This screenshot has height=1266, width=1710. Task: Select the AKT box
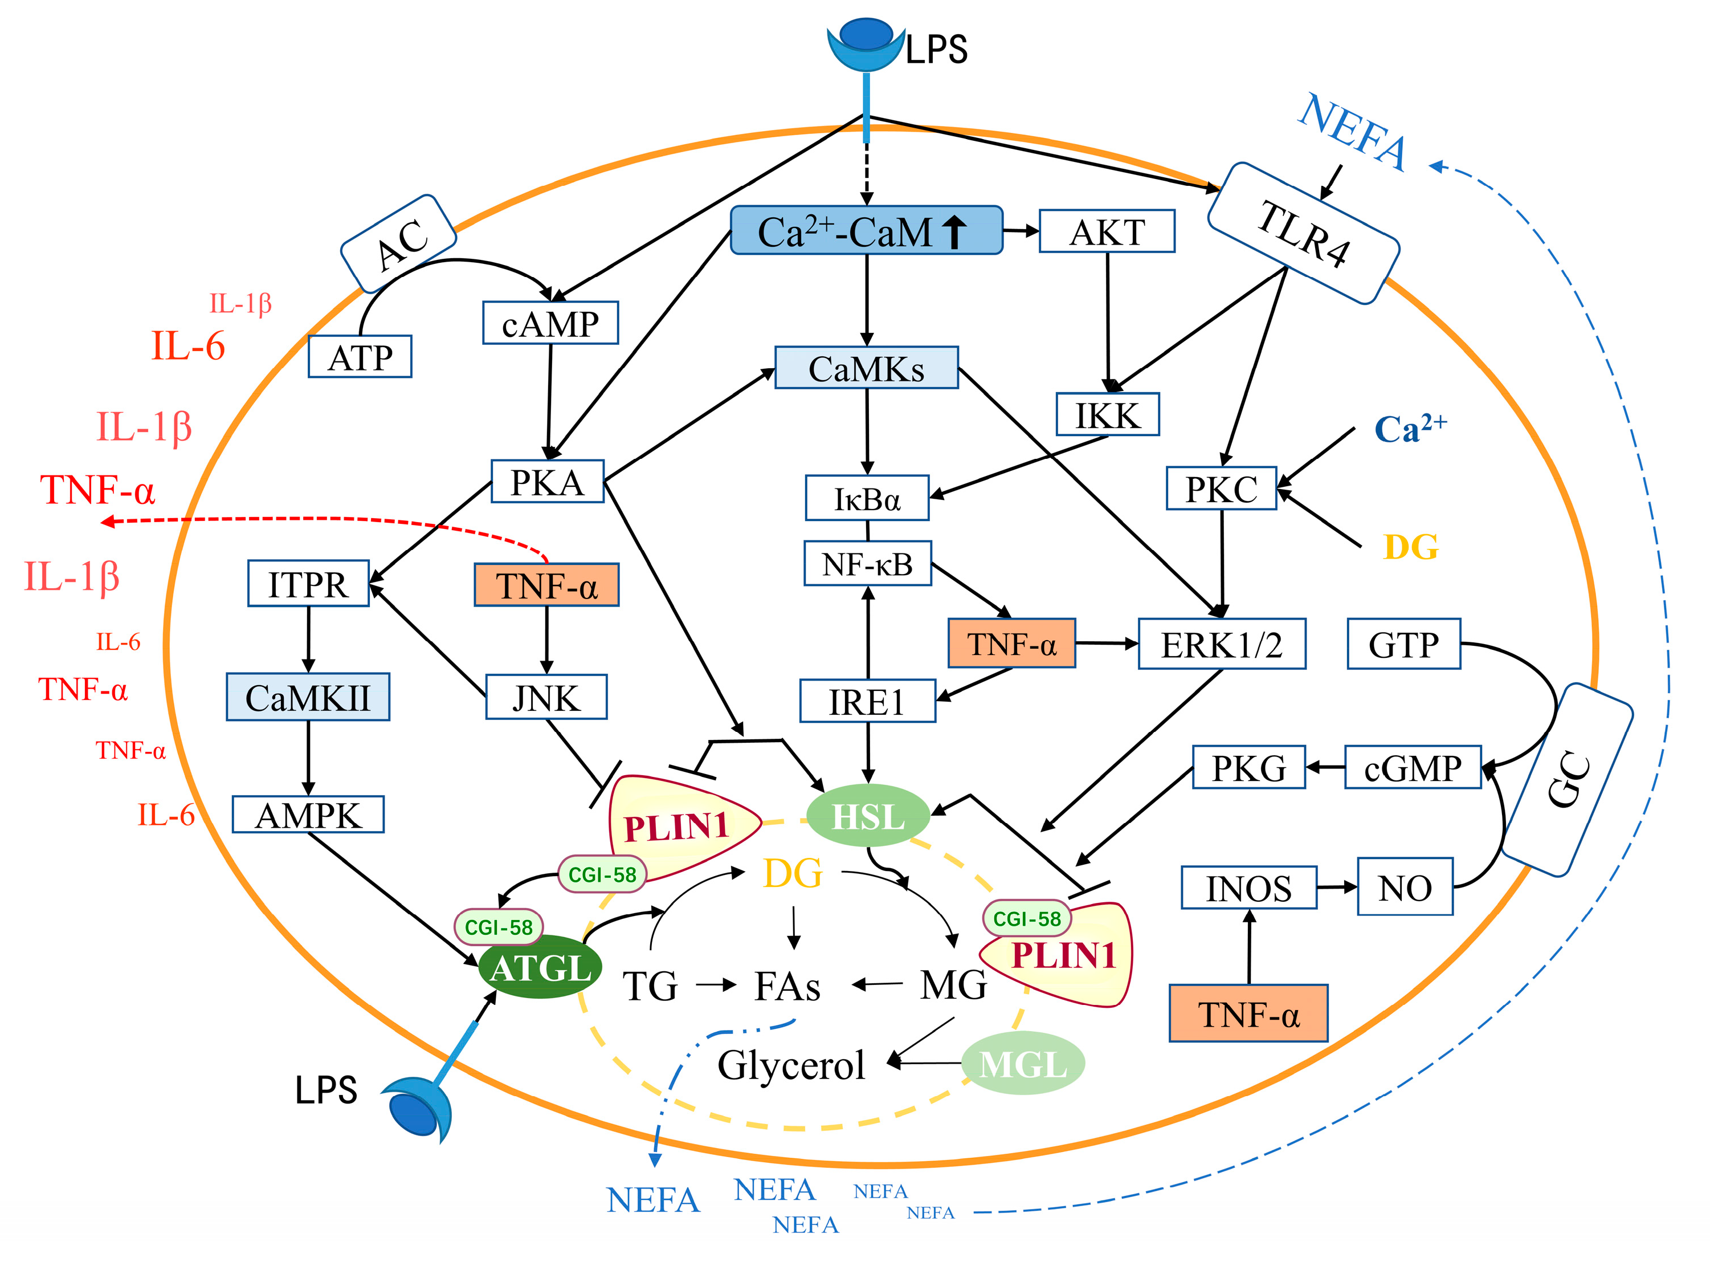click(x=1107, y=231)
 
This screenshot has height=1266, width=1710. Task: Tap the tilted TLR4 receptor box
click(x=1303, y=234)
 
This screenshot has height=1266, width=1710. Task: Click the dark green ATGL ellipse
click(x=540, y=967)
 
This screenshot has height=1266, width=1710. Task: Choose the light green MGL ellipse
click(x=1023, y=1064)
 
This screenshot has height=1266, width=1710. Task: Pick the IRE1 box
click(x=867, y=701)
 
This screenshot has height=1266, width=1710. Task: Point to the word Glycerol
click(x=791, y=1064)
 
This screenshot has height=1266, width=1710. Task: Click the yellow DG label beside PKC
click(x=1410, y=547)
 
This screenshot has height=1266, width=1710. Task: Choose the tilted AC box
click(x=398, y=244)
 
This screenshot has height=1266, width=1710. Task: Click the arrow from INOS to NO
click(x=1336, y=888)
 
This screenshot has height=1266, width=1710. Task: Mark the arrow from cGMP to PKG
click(x=1325, y=767)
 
